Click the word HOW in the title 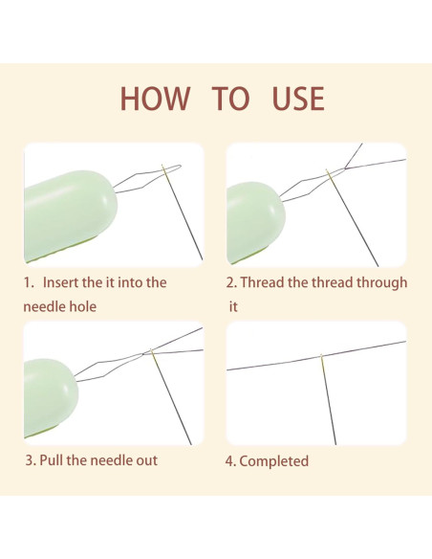click(155, 99)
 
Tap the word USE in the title click(298, 99)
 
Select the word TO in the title click(230, 99)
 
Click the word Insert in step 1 click(60, 282)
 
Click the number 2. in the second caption click(231, 282)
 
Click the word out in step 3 click(146, 460)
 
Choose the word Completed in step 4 click(273, 461)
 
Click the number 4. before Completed click(230, 461)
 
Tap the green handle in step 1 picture click(70, 215)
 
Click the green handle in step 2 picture click(255, 222)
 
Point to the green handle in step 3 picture click(50, 397)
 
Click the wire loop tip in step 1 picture click(180, 167)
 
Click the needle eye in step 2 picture click(329, 173)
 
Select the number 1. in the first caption click(29, 282)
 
